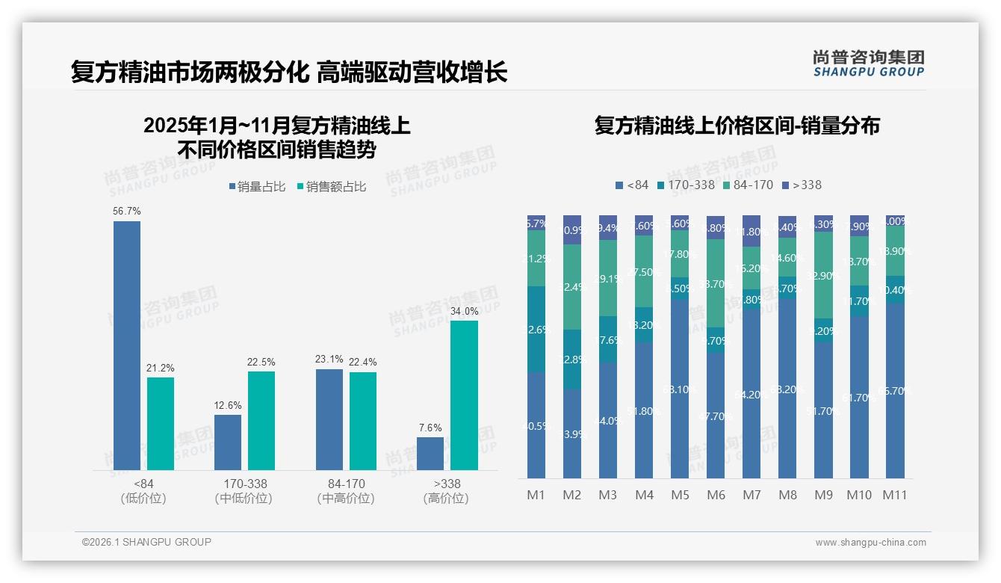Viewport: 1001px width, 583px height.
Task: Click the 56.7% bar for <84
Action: [127, 345]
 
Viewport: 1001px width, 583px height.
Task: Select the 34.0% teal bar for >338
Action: [464, 395]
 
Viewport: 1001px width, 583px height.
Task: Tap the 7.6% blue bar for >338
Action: [430, 454]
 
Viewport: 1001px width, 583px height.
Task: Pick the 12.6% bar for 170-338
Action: [228, 442]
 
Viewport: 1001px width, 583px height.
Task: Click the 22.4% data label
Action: [362, 363]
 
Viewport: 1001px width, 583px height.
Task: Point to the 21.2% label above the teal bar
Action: [160, 368]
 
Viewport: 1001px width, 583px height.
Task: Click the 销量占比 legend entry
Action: [256, 187]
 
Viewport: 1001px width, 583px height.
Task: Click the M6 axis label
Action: [715, 495]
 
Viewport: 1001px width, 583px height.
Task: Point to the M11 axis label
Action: [895, 495]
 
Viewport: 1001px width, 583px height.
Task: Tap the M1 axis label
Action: [536, 495]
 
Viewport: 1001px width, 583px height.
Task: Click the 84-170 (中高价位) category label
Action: [346, 491]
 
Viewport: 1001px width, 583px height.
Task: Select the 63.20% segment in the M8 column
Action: [787, 389]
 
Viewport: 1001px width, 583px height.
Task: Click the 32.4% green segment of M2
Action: [572, 287]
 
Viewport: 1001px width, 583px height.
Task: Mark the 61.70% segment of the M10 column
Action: [859, 397]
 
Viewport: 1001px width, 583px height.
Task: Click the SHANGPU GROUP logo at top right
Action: [868, 63]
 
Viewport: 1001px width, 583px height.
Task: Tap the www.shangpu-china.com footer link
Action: [870, 543]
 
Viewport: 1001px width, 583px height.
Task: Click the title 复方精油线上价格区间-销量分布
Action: [737, 125]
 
